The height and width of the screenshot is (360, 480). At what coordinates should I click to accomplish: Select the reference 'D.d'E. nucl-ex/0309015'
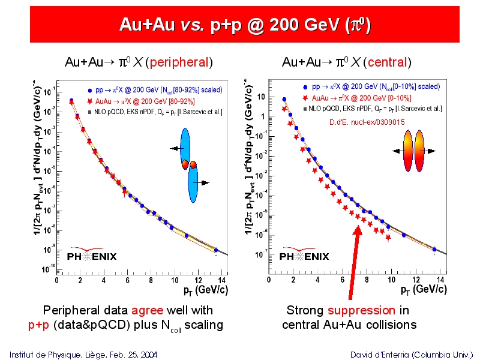pyautogui.click(x=367, y=122)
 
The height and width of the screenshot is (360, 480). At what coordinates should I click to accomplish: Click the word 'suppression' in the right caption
pyautogui.click(x=361, y=310)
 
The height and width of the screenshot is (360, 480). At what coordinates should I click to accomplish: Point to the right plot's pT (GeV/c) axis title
pyautogui.click(x=424, y=290)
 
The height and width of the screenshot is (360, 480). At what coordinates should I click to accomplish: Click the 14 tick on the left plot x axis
pyautogui.click(x=221, y=280)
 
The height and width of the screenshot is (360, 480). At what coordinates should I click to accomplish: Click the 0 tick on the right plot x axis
pyautogui.click(x=269, y=280)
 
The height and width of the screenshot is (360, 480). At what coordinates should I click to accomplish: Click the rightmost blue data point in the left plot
pyautogui.click(x=216, y=250)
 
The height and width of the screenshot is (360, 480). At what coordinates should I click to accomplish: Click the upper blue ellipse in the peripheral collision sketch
pyautogui.click(x=185, y=145)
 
